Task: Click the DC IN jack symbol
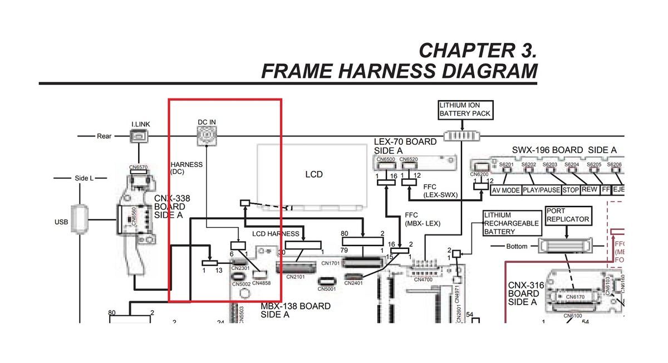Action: (x=207, y=134)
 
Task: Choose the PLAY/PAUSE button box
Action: (x=542, y=190)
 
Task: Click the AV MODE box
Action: (x=506, y=190)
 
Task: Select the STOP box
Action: (x=570, y=190)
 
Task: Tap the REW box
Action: (x=589, y=189)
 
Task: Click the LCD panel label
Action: (x=314, y=174)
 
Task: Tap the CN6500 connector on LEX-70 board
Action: (x=386, y=160)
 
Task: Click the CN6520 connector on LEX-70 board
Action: (x=409, y=160)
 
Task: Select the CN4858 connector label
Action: (x=261, y=283)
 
